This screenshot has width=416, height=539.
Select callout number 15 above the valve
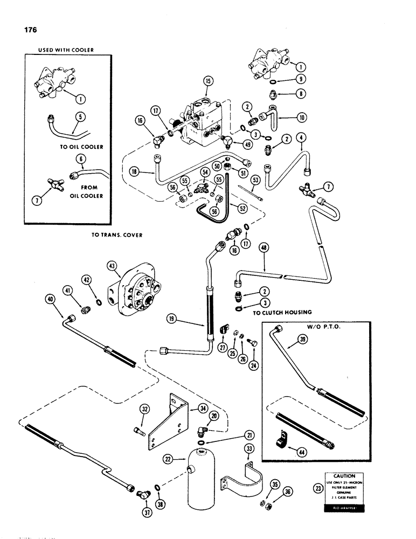[x=209, y=81]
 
